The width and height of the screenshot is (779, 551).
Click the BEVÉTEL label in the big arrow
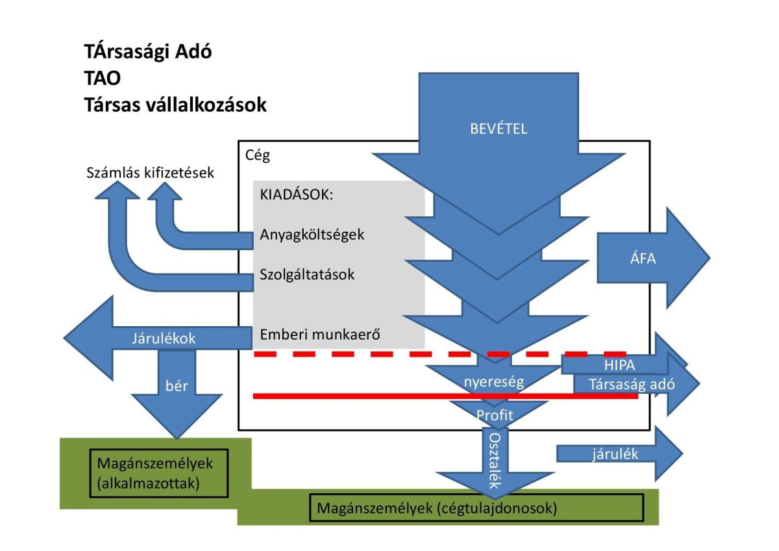499,128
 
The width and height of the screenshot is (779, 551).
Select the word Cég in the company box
258,156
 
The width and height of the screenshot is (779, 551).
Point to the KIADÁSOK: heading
296,196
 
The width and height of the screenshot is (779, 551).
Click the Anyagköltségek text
312,235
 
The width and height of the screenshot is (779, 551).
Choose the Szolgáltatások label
307,274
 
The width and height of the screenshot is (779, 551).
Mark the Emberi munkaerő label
319,335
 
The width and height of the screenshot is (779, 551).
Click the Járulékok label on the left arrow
163,338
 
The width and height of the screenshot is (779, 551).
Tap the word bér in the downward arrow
177,385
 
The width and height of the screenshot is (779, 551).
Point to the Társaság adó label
632,384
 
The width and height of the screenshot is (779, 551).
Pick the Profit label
495,414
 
